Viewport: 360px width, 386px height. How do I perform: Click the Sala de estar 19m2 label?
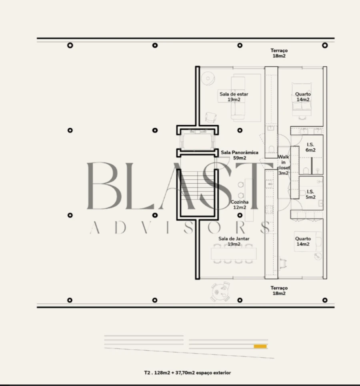234,97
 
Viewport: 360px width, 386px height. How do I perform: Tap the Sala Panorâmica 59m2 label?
240,155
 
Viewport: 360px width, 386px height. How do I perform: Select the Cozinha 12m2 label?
240,205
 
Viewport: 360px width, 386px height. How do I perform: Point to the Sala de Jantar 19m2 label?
234,241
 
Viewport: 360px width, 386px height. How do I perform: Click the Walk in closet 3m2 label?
283,165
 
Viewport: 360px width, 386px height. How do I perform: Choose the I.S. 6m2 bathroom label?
310,147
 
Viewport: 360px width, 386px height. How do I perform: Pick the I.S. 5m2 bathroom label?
310,194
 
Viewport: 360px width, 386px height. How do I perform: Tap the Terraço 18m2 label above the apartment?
279,53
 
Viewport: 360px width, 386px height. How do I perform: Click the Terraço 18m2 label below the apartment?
279,290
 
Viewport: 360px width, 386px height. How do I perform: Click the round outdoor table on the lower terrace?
220,292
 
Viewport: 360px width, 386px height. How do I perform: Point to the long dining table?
234,254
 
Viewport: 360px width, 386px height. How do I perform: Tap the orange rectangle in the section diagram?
260,346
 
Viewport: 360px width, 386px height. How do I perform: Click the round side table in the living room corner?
208,79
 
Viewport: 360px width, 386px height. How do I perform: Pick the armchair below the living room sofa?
211,117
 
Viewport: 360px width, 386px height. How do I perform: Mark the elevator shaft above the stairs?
197,141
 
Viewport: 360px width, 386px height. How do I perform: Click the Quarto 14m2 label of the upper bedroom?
303,97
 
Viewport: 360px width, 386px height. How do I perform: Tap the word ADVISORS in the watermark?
180,227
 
